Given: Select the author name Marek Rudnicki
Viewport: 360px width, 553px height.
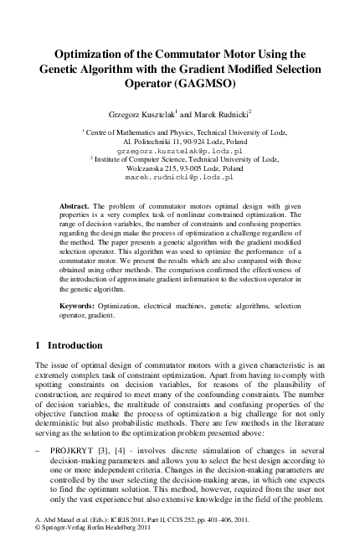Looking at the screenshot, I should tap(213, 113).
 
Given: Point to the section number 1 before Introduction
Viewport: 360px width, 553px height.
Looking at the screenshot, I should tap(39, 345).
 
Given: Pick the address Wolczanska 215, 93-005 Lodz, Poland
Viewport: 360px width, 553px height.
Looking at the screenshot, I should tap(178, 168).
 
